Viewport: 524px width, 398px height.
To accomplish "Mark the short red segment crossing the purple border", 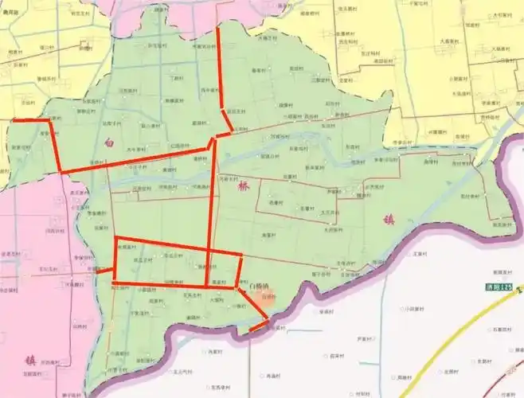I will coord(259,326).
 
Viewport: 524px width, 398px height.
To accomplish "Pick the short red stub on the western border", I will coord(105,270).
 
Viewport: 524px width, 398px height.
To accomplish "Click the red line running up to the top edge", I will coord(218,64).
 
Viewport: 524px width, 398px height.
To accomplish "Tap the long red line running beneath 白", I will coord(135,161).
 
